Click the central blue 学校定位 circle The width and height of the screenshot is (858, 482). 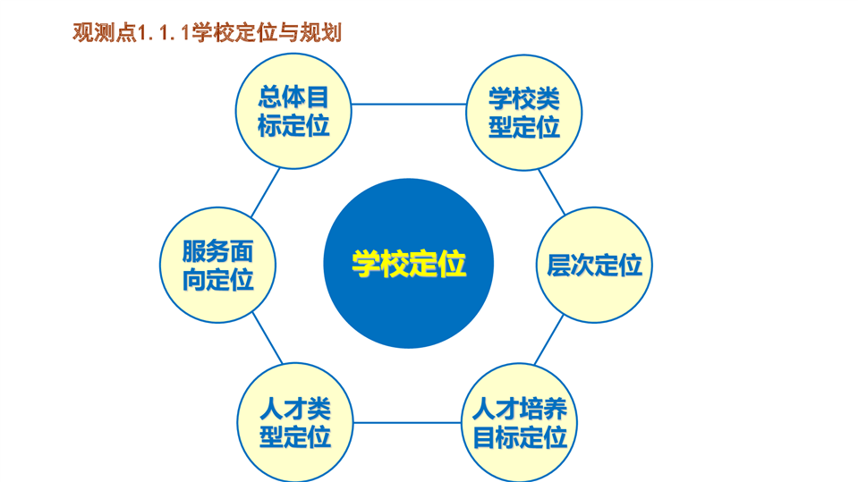(408, 263)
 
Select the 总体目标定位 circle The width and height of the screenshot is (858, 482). (293, 111)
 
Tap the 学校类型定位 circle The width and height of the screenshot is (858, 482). (523, 113)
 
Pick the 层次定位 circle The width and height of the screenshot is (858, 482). (594, 265)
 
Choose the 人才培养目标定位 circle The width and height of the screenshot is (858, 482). (519, 422)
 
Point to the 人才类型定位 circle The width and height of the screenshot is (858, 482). (295, 422)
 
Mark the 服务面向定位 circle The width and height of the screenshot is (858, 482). (217, 265)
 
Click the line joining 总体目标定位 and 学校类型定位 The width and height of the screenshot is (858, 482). (409, 104)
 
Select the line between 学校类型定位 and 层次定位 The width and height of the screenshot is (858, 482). (551, 192)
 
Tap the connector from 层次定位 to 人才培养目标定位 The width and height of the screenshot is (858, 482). (548, 340)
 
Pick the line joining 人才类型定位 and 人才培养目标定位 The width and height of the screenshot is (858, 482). (407, 422)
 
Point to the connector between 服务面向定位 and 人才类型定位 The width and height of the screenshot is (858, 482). (268, 338)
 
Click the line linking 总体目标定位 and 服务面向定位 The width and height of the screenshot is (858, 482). (266, 192)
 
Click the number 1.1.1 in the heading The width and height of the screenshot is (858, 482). (164, 33)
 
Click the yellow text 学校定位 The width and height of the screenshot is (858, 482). (409, 264)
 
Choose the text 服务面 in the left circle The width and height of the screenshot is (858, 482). (217, 251)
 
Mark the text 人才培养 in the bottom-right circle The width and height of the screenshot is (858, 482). (519, 409)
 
